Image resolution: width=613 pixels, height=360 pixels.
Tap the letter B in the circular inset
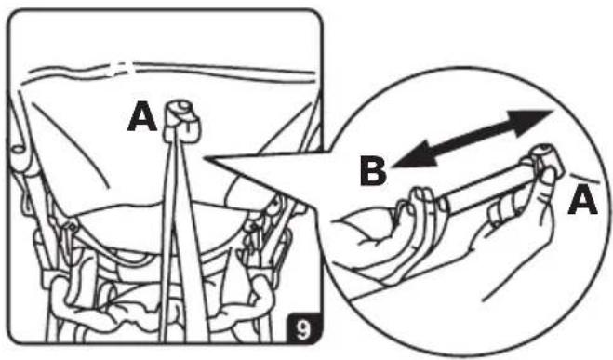click(x=373, y=171)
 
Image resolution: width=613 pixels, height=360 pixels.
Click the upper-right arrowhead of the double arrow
click(x=531, y=122)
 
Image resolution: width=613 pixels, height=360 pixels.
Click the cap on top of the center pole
click(x=180, y=120)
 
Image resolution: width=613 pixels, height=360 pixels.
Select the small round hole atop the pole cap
click(x=181, y=106)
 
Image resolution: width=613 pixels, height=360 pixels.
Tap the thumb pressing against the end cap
click(x=546, y=180)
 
